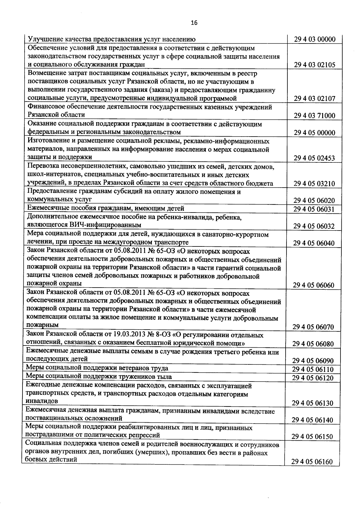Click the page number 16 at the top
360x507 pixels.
[194, 23]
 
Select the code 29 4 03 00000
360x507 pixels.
[314, 39]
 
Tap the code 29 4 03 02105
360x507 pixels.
[314, 65]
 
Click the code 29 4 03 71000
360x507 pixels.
[314, 116]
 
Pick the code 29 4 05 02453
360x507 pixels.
[314, 158]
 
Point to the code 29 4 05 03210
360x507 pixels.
[314, 183]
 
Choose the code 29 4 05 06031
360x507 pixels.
[314, 209]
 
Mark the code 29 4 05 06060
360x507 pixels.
[314, 285]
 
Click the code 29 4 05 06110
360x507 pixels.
[313, 369]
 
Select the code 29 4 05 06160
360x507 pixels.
[312, 462]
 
